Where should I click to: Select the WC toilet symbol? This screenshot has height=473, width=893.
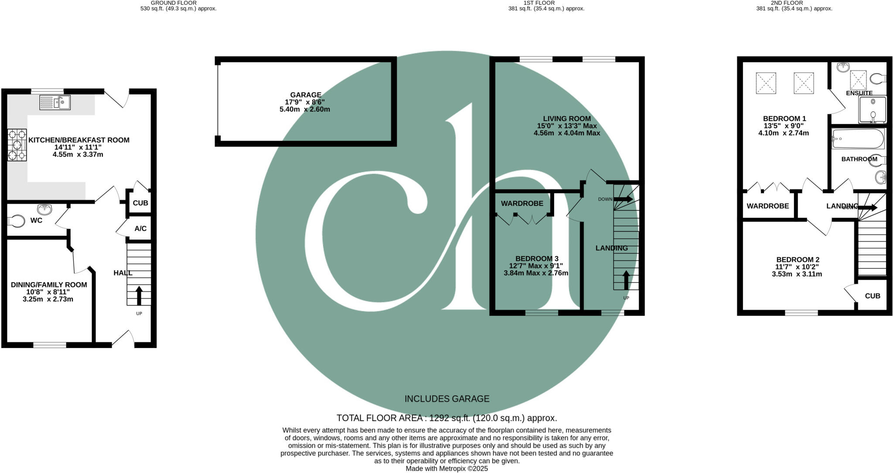(17, 221)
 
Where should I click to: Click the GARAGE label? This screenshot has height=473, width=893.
(306, 95)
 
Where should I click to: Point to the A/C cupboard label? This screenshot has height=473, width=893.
(140, 229)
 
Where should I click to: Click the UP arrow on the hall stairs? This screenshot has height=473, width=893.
(139, 296)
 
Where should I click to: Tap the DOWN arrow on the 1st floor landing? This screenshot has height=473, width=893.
(624, 199)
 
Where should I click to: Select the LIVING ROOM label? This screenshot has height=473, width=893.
(567, 118)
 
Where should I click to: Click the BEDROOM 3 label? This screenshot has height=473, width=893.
(537, 259)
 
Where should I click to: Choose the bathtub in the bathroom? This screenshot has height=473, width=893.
(857, 139)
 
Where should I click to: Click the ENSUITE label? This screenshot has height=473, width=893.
(859, 93)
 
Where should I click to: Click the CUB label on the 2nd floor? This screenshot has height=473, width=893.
(873, 296)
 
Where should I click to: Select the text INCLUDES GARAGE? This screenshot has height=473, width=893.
(447, 399)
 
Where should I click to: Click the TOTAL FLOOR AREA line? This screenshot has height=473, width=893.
(447, 418)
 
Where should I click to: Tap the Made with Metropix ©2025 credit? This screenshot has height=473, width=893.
(447, 469)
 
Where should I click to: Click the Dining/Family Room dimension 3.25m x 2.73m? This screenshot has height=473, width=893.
(48, 299)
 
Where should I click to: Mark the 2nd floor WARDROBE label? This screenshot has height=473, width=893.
(768, 206)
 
